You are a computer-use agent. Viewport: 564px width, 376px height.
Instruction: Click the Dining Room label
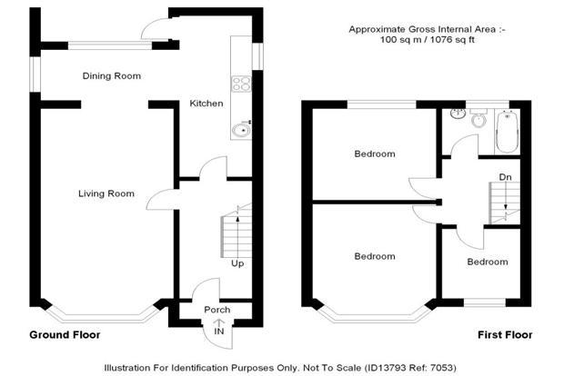pos(112,75)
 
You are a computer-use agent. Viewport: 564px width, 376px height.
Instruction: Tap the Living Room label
pos(106,193)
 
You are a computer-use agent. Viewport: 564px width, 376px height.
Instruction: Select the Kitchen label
pos(206,104)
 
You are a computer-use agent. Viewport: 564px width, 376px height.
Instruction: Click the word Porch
pos(217,310)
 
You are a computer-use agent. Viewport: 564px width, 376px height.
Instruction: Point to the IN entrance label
pos(219,331)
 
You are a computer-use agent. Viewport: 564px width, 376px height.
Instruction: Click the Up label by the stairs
pos(237,263)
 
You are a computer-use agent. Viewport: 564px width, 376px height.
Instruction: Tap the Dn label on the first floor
pos(505,177)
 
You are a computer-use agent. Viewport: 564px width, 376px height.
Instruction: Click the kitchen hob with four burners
pos(241,84)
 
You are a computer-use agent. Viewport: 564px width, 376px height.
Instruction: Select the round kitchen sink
pos(241,130)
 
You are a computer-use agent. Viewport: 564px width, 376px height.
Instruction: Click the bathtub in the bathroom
pos(508,132)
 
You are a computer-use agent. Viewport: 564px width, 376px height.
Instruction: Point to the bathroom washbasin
pos(458,114)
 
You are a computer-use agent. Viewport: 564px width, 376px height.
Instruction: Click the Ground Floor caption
pos(65,335)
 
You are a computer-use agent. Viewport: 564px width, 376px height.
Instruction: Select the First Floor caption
pos(505,335)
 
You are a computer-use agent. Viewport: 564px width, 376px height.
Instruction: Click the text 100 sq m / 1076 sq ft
pos(428,39)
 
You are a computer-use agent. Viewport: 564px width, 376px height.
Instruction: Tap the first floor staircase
pos(504,203)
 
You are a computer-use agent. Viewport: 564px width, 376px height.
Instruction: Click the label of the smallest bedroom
pos(488,262)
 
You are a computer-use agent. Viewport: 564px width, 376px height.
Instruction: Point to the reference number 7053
pos(445,368)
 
